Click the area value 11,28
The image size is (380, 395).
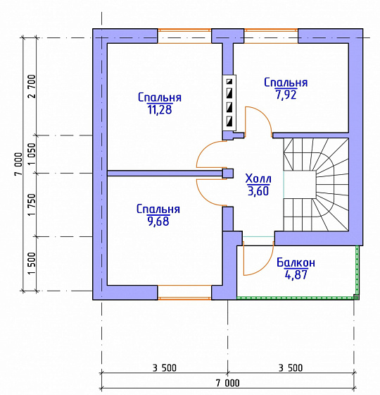tap(160, 109)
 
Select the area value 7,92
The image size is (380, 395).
tap(286, 95)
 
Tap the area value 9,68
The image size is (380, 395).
tap(158, 221)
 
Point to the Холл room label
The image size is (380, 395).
tap(258, 178)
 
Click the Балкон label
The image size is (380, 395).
tap(296, 262)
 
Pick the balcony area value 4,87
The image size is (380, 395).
tap(296, 274)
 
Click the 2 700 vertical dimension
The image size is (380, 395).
tap(32, 86)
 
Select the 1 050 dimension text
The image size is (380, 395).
tap(32, 154)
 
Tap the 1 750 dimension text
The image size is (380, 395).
tap(32, 205)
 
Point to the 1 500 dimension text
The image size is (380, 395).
tap(32, 264)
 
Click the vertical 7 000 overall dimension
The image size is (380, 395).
tap(18, 164)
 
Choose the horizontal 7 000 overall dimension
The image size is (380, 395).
tap(228, 383)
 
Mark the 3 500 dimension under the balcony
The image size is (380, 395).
tap(291, 368)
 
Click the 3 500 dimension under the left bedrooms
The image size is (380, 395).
tap(165, 368)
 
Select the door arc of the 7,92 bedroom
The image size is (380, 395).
tap(263, 114)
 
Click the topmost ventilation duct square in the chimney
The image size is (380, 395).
tap(229, 82)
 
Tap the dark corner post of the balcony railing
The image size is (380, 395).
tap(356, 297)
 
